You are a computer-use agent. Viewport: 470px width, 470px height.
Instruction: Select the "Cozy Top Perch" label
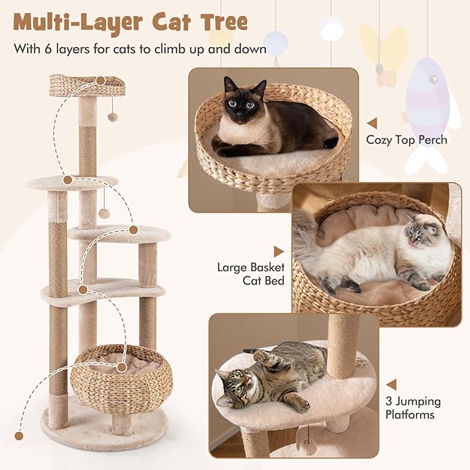coord(407,140)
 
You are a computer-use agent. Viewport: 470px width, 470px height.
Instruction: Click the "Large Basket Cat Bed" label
coord(251,273)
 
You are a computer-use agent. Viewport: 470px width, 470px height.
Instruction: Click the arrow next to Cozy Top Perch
coord(372,123)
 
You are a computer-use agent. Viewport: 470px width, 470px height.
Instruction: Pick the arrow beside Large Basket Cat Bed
coord(278,252)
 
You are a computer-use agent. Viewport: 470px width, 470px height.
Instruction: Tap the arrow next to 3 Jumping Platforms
coord(391,384)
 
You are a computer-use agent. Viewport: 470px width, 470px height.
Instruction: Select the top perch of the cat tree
coord(87,86)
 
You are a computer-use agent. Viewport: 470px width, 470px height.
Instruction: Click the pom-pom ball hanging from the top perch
coord(112,117)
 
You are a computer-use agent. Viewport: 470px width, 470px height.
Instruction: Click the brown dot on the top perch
coord(100,80)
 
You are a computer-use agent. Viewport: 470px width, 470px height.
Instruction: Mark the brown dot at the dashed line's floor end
coord(19,436)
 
